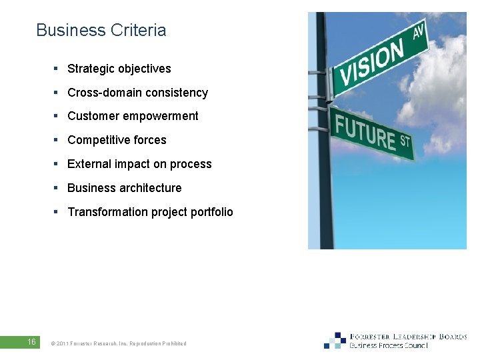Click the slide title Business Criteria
point(101,31)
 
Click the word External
point(89,164)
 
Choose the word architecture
point(149,188)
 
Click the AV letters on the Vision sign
point(419,31)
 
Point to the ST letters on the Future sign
point(404,141)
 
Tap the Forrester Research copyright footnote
point(119,343)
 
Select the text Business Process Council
point(389,346)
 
